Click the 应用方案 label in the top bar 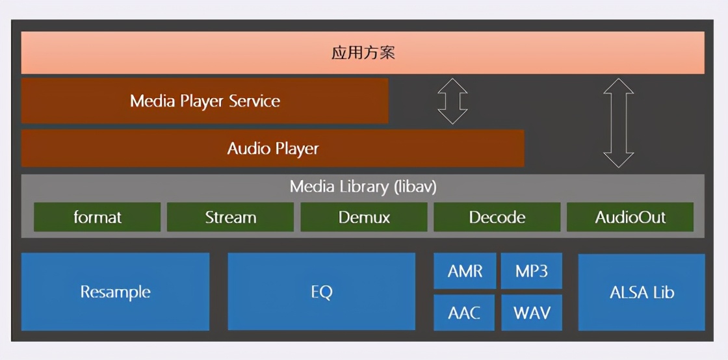click(363, 53)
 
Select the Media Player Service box click(205, 101)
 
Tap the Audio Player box click(273, 148)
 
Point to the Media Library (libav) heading click(363, 187)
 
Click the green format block click(97, 217)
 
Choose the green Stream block click(231, 217)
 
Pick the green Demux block click(364, 217)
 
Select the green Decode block click(497, 217)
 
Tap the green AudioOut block click(630, 217)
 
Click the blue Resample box click(115, 292)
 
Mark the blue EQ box click(321, 292)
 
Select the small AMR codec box click(465, 271)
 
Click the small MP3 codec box click(531, 271)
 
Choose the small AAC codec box click(464, 313)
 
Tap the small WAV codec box click(531, 313)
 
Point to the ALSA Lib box click(642, 292)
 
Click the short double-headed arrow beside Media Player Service click(452, 101)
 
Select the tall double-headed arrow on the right click(618, 123)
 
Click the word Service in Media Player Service click(254, 101)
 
